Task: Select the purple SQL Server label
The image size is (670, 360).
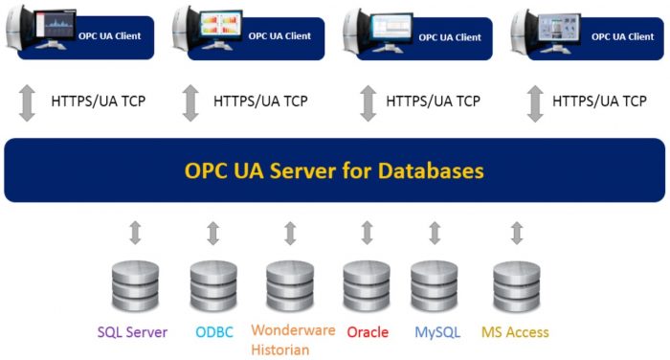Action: [132, 333]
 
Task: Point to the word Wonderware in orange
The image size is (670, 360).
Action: [293, 330]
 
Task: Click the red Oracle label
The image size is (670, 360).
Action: [368, 333]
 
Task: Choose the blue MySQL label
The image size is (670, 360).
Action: [437, 333]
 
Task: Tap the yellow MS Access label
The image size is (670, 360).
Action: [515, 333]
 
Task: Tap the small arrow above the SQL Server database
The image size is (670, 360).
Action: [135, 233]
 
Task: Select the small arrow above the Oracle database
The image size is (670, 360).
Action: [367, 233]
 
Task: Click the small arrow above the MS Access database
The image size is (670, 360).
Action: [517, 233]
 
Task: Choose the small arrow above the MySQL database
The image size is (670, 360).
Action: [435, 233]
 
